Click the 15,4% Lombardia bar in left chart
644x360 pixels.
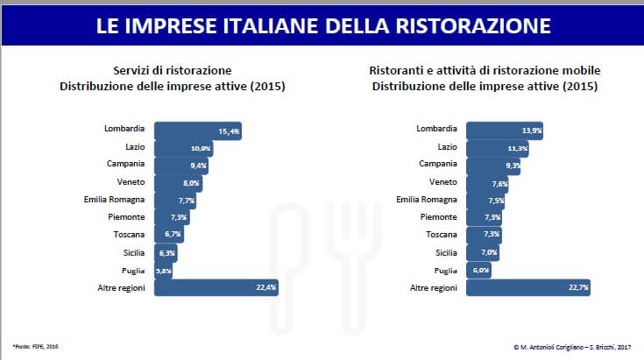198,131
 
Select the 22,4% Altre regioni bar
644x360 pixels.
216,287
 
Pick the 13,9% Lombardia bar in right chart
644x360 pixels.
504,131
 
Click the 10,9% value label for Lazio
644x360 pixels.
202,148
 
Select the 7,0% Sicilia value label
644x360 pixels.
491,252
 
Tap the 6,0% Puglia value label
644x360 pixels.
481,270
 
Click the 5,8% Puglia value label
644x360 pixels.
163,271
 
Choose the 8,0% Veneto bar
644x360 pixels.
178,183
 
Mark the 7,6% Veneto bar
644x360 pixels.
487,183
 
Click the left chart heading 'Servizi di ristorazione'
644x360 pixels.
172,69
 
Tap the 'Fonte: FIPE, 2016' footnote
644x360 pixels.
32,347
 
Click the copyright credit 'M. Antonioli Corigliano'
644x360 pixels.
543,347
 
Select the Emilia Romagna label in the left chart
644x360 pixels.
120,200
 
